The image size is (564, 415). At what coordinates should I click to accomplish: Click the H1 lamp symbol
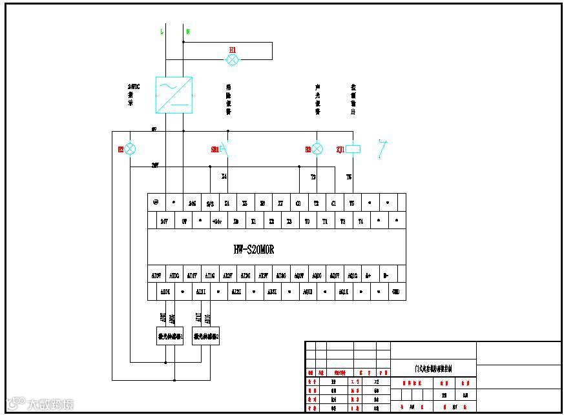tap(233, 60)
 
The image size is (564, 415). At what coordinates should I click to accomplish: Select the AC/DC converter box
tap(174, 95)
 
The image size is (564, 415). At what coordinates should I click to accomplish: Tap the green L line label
tap(162, 31)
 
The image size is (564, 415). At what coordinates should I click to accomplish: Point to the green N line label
tap(187, 31)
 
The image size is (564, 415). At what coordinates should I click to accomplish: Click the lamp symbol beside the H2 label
tap(130, 149)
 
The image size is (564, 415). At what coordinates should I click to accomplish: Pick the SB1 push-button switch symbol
tap(224, 149)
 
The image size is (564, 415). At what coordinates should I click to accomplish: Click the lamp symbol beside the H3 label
tap(317, 149)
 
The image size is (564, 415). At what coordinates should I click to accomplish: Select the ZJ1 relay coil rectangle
tap(352, 149)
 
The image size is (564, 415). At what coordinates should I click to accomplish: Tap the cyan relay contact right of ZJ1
tap(383, 149)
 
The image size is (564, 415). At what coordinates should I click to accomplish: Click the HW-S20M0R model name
tap(254, 250)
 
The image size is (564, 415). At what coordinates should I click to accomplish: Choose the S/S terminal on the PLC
tap(210, 203)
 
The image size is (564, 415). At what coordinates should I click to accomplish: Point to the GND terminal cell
tap(396, 292)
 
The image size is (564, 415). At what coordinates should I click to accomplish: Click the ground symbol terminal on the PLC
tap(156, 202)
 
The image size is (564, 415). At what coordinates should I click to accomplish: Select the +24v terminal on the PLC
tap(218, 221)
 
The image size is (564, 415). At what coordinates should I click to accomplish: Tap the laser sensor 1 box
tap(171, 336)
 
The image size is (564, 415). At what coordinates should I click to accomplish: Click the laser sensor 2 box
tap(206, 336)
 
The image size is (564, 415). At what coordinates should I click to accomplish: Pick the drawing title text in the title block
tap(433, 369)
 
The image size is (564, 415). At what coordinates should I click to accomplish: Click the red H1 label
tap(233, 50)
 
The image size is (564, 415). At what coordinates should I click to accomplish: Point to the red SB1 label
tap(214, 149)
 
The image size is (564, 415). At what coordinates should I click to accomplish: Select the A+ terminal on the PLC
tap(368, 276)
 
